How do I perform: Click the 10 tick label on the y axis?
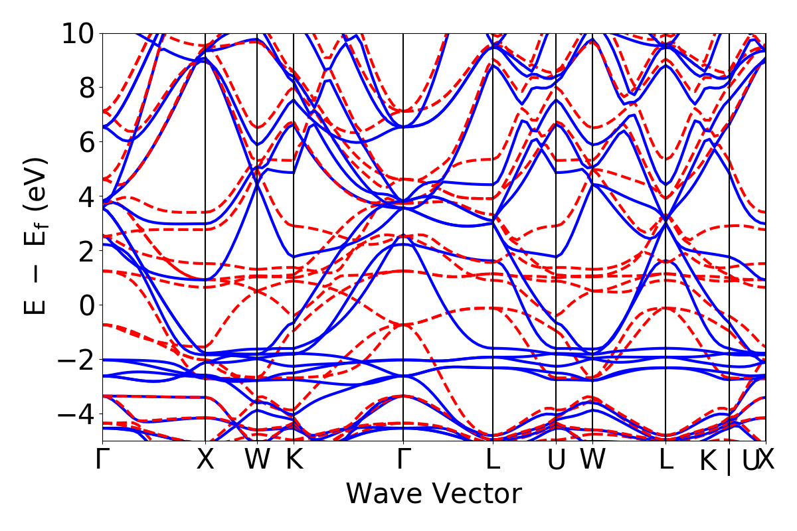(x=78, y=33)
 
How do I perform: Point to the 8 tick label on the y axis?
(x=86, y=88)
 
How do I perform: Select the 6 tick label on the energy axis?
(x=86, y=142)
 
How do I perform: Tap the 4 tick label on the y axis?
(x=86, y=196)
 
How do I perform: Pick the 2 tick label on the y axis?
(x=86, y=251)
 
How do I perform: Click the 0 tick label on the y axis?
(x=86, y=305)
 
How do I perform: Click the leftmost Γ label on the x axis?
(x=102, y=460)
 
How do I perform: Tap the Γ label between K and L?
(x=403, y=460)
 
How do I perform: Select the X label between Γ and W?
(x=205, y=460)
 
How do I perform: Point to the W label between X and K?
(x=257, y=460)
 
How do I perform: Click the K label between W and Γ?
(x=294, y=460)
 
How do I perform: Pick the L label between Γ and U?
(x=492, y=460)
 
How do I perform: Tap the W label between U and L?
(x=592, y=460)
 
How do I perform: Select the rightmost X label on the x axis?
(x=766, y=460)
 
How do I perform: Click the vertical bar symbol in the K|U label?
(x=729, y=461)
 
